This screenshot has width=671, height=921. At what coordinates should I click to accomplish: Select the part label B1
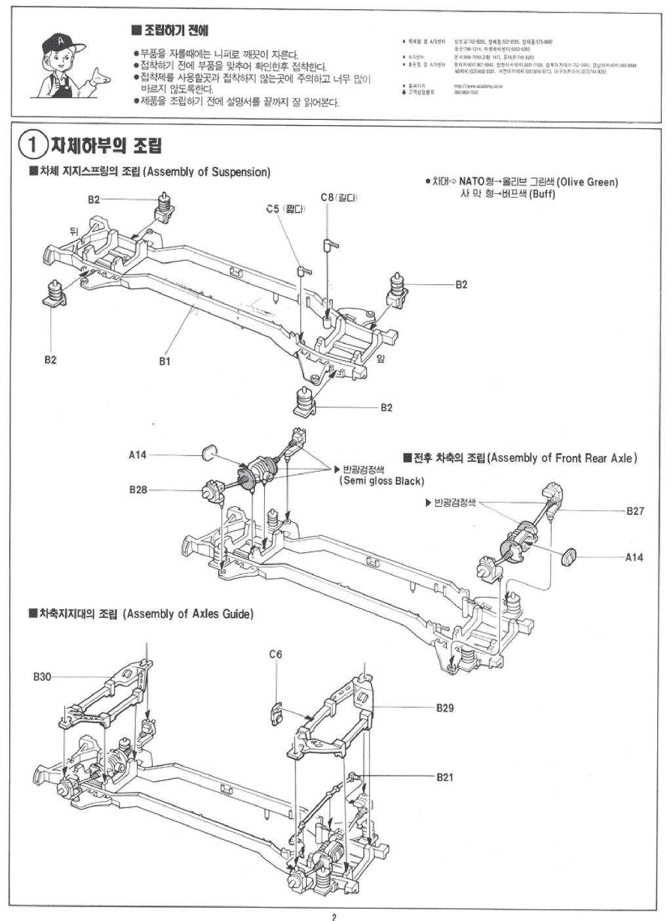(x=164, y=361)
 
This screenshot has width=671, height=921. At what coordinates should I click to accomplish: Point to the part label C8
(x=328, y=197)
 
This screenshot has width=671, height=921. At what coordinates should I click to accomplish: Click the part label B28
(x=138, y=489)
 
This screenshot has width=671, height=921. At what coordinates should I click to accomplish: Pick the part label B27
(x=634, y=511)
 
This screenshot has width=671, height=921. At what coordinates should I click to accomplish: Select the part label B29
(x=444, y=707)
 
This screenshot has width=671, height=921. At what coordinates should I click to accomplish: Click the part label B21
(x=444, y=777)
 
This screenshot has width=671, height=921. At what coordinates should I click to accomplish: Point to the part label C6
(x=275, y=654)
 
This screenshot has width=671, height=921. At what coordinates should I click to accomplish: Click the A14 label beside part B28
(x=138, y=455)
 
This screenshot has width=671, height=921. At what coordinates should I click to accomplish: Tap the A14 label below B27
(x=634, y=557)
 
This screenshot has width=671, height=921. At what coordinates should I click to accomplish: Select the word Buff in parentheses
(x=542, y=194)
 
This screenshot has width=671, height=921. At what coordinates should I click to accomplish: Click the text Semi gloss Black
(x=381, y=481)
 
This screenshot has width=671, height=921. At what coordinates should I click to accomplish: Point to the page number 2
(x=334, y=916)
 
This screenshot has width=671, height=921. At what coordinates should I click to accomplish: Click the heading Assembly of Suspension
(x=206, y=172)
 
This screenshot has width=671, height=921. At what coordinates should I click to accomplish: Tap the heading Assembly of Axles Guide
(x=187, y=614)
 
